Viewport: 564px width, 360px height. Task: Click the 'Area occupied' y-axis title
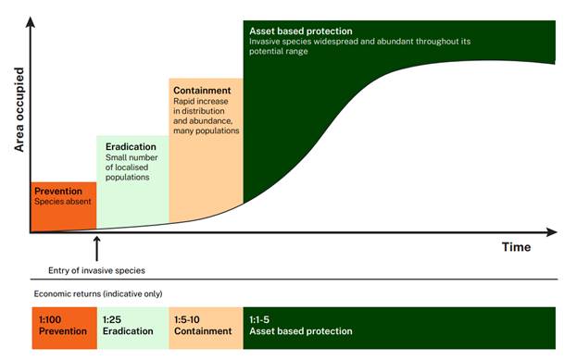click(x=19, y=109)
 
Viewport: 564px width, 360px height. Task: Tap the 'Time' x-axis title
click(x=516, y=247)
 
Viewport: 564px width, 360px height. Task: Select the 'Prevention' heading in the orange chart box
click(x=58, y=192)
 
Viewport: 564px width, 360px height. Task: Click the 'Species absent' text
click(x=63, y=202)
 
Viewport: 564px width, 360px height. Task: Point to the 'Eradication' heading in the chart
click(x=131, y=146)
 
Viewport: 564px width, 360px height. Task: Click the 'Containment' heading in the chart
click(x=202, y=90)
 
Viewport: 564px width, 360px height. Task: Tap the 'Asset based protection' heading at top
click(x=301, y=31)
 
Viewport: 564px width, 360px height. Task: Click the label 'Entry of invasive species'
click(x=96, y=270)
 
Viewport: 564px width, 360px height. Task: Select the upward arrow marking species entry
click(x=96, y=249)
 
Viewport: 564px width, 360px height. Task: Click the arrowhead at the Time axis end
click(x=552, y=232)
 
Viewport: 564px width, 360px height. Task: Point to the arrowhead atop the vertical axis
click(x=31, y=21)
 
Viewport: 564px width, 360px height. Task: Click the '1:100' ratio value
click(x=50, y=319)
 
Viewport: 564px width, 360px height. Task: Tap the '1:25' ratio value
click(x=112, y=319)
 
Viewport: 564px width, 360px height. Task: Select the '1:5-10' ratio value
click(x=187, y=319)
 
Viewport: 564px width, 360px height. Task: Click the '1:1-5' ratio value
click(x=259, y=319)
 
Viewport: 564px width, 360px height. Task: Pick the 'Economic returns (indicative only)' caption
click(x=98, y=294)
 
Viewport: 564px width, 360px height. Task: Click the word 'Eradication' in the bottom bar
click(x=128, y=331)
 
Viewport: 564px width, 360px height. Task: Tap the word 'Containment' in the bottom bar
click(x=203, y=331)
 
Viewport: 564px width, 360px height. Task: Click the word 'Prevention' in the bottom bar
click(x=63, y=331)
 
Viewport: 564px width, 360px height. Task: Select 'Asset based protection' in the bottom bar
click(x=301, y=331)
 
